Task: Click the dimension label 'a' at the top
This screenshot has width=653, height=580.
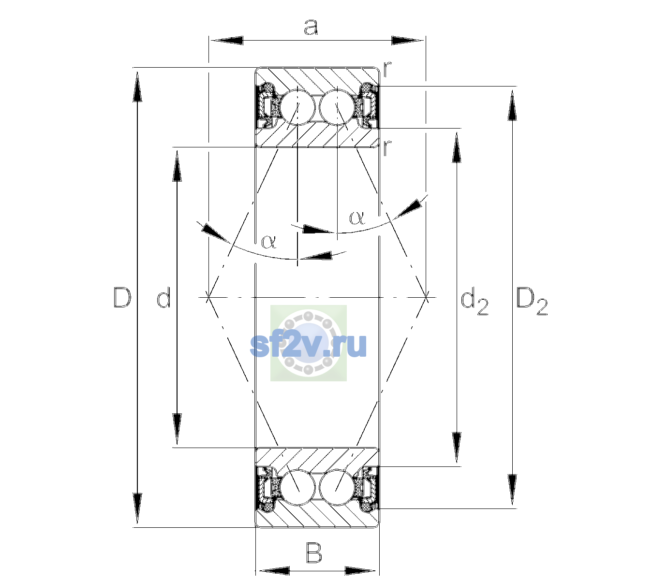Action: click(311, 27)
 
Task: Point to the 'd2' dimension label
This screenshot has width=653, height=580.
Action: click(475, 303)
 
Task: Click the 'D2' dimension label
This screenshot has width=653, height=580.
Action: click(532, 302)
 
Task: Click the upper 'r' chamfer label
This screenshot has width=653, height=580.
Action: click(387, 69)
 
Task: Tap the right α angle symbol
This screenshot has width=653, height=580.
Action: click(357, 218)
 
